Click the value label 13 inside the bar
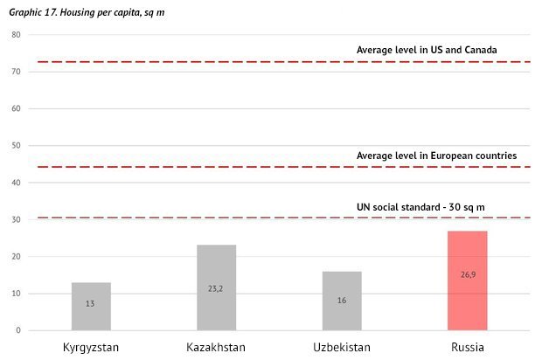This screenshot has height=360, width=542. tap(91, 303)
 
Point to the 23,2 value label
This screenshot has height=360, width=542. tap(216, 287)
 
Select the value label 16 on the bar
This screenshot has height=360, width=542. tap(342, 300)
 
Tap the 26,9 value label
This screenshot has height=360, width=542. tap(467, 274)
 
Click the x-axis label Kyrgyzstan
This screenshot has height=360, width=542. tap(91, 347)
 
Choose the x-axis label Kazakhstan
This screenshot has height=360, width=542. tap(216, 347)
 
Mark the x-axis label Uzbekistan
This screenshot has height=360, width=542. tap(342, 347)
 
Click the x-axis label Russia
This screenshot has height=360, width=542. tap(467, 347)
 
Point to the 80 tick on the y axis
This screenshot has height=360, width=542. tap(16, 35)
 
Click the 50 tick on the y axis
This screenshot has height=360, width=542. tap(16, 146)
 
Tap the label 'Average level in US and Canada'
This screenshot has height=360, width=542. tap(427, 50)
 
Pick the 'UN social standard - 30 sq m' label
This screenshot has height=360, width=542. tap(420, 206)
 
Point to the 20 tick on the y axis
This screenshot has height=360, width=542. tap(16, 257)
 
